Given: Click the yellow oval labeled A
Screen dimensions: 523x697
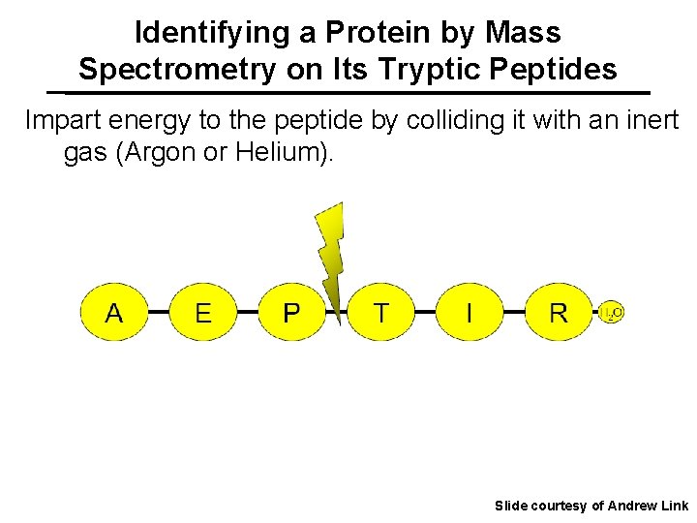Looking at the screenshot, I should [x=113, y=313].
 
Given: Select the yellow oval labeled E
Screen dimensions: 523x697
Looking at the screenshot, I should [x=202, y=313].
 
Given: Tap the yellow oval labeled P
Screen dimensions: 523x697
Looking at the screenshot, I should [x=290, y=313].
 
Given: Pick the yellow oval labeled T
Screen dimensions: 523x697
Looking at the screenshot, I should [x=380, y=313].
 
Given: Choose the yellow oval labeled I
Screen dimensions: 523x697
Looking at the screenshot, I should [x=470, y=313].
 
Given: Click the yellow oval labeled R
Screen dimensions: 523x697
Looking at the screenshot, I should [x=559, y=313].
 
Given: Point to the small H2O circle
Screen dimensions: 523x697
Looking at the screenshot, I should [x=612, y=312].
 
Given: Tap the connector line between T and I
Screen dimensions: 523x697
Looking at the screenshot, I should [x=425, y=313].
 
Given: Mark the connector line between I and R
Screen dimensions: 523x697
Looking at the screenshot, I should [x=514, y=313].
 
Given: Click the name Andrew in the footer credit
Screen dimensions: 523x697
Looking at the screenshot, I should [x=631, y=506].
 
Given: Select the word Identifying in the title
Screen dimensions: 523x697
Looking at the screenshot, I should [x=213, y=33].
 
